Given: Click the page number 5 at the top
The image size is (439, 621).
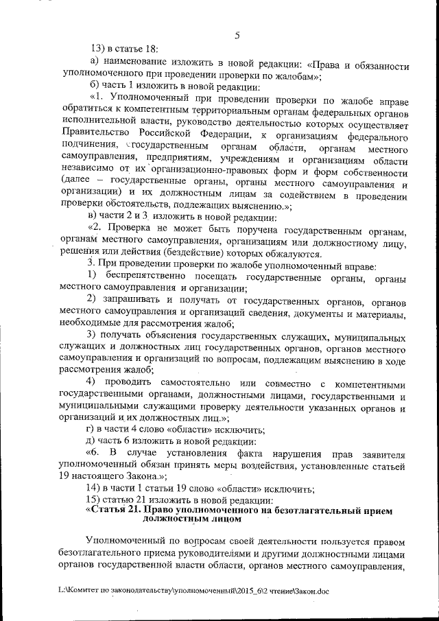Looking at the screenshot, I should coord(236,36).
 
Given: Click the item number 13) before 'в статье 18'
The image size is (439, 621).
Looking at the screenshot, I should coord(99,48).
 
